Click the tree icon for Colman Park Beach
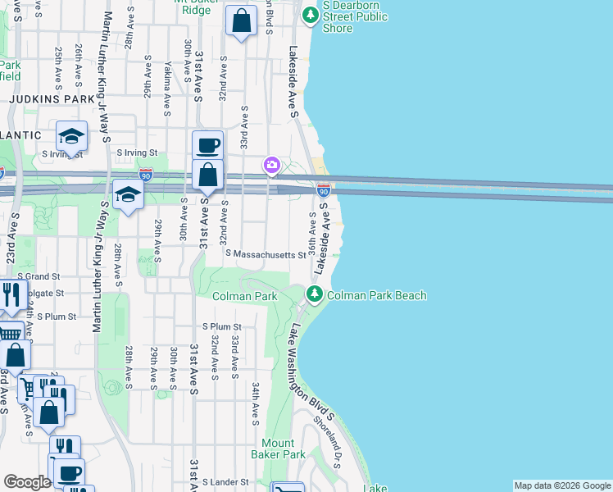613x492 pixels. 313,294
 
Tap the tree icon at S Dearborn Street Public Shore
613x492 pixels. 310,15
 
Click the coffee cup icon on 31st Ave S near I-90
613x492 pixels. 208,145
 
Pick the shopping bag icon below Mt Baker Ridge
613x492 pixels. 241,22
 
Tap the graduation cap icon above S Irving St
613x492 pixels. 71,135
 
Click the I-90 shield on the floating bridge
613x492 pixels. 323,189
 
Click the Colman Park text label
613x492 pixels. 245,295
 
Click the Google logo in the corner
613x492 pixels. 27,482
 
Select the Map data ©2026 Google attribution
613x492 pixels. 561,485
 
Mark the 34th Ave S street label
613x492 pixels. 255,403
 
